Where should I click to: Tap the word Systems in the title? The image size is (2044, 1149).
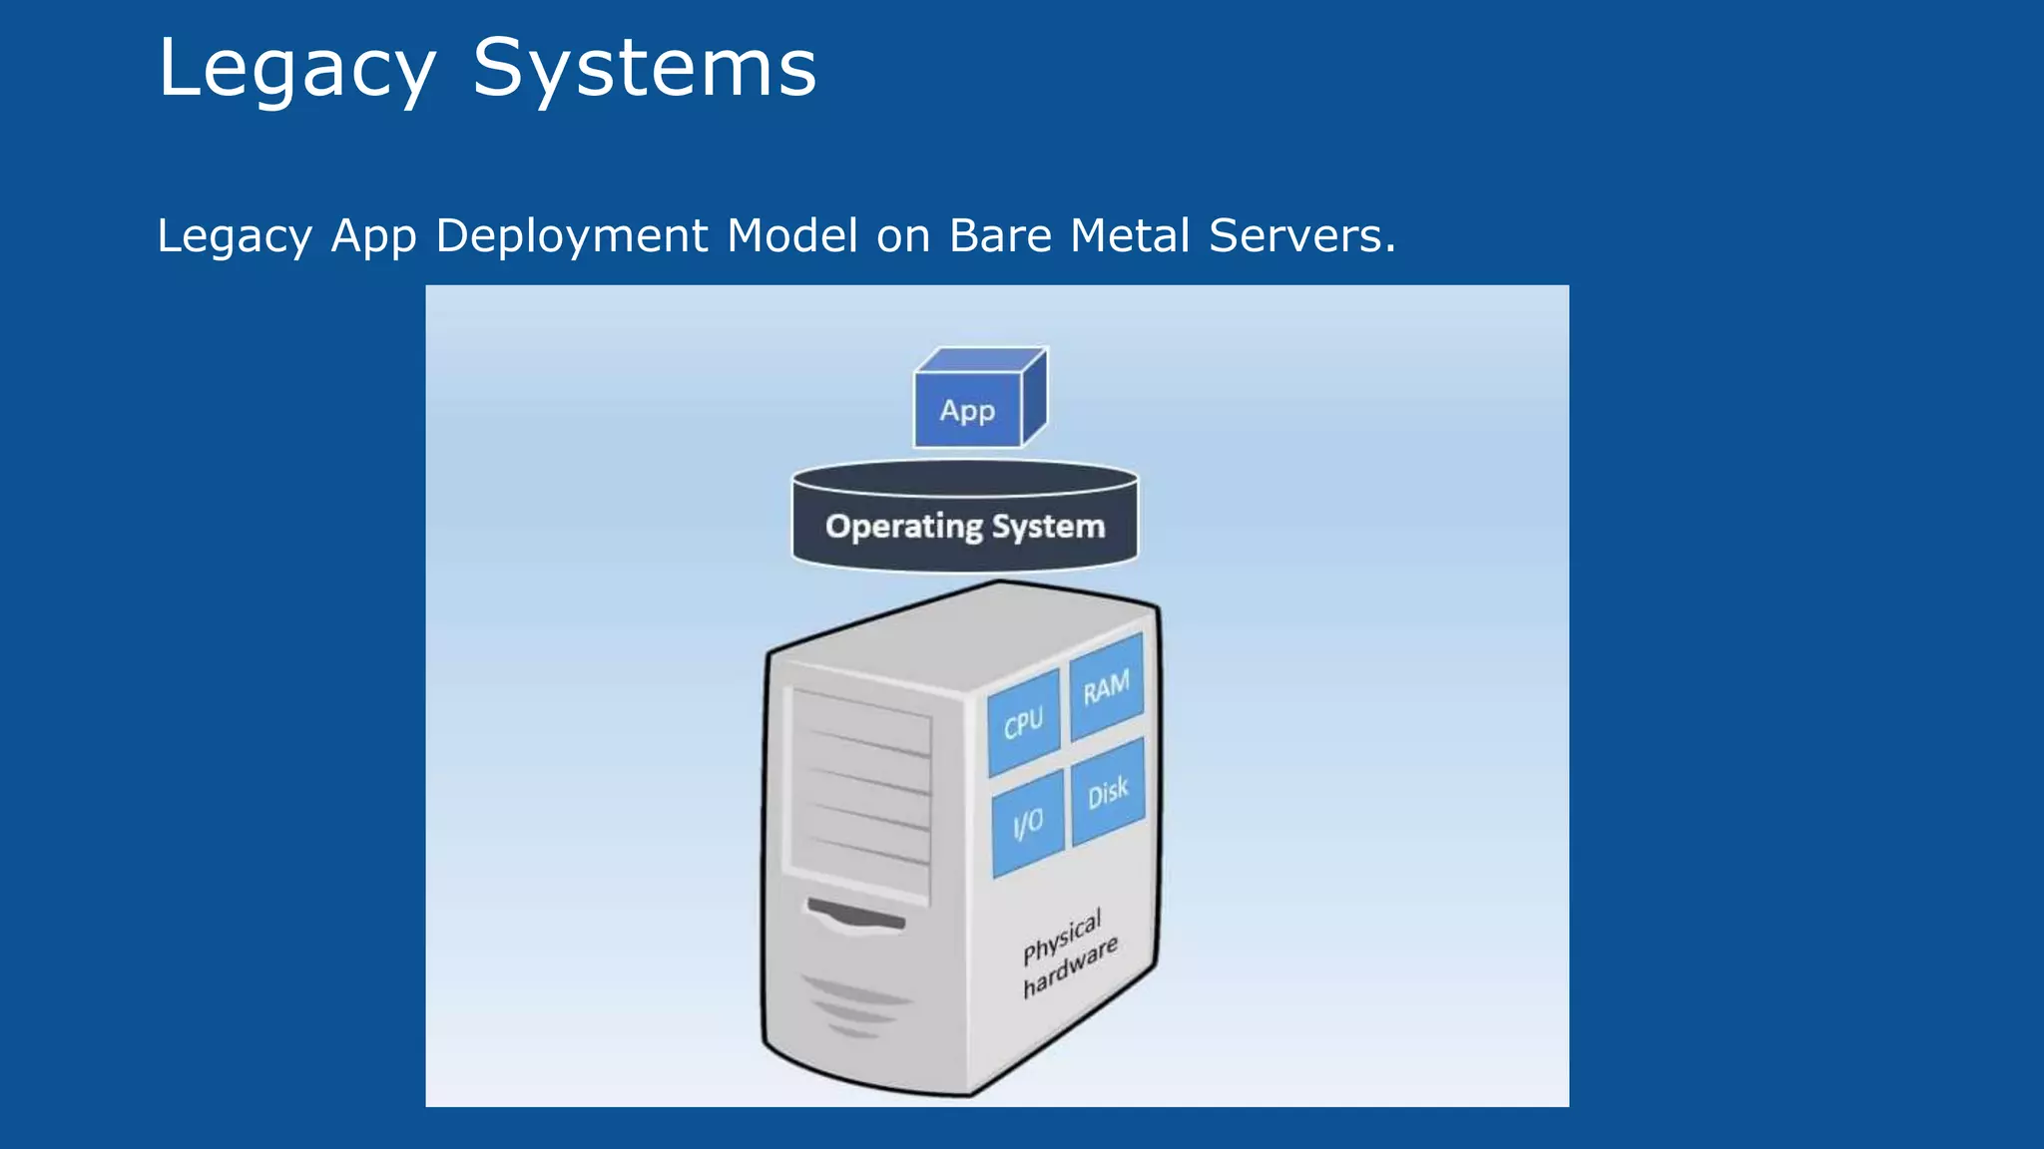(x=644, y=68)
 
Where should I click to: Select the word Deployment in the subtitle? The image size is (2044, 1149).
(x=573, y=236)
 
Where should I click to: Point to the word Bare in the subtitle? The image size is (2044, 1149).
(x=999, y=236)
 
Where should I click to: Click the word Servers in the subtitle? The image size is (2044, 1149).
(x=1301, y=236)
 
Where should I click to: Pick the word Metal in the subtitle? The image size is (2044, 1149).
(x=1130, y=236)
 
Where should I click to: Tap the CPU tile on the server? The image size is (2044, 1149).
(x=1023, y=723)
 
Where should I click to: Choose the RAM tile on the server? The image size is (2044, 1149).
(x=1107, y=687)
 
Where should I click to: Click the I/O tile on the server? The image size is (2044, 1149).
(x=1028, y=824)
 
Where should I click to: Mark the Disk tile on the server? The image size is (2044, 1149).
(x=1108, y=793)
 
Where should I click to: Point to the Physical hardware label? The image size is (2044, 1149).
(x=1069, y=953)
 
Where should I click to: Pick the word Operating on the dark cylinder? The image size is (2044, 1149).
(x=904, y=526)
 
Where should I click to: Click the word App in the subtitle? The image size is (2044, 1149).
(x=373, y=236)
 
